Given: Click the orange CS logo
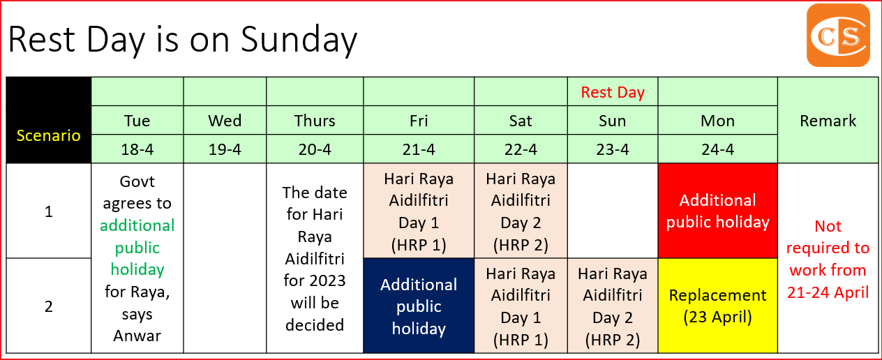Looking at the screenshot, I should [x=838, y=36].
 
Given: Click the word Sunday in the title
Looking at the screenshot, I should [x=299, y=40].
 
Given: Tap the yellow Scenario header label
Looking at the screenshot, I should [x=49, y=135].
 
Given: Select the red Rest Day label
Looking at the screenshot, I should [x=613, y=92].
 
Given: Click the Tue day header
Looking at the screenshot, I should [x=137, y=121].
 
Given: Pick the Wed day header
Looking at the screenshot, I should [x=225, y=121].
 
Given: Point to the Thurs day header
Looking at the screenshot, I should [x=315, y=121].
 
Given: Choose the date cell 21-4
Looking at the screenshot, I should [x=419, y=149].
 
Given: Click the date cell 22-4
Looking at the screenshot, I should [x=521, y=149].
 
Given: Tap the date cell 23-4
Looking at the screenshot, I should [x=613, y=149].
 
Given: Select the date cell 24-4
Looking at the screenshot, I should [x=717, y=149].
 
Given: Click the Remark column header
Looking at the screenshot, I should [x=828, y=121].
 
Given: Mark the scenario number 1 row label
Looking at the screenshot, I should [x=49, y=211].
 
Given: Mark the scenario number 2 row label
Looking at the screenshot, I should [x=49, y=306].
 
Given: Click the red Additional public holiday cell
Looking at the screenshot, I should [x=717, y=211].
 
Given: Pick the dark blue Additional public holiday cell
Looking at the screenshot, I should [x=419, y=306].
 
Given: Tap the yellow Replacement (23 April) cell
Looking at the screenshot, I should [x=717, y=306].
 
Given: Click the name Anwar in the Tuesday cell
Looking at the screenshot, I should [x=137, y=336].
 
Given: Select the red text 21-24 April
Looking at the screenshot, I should [x=828, y=292].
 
